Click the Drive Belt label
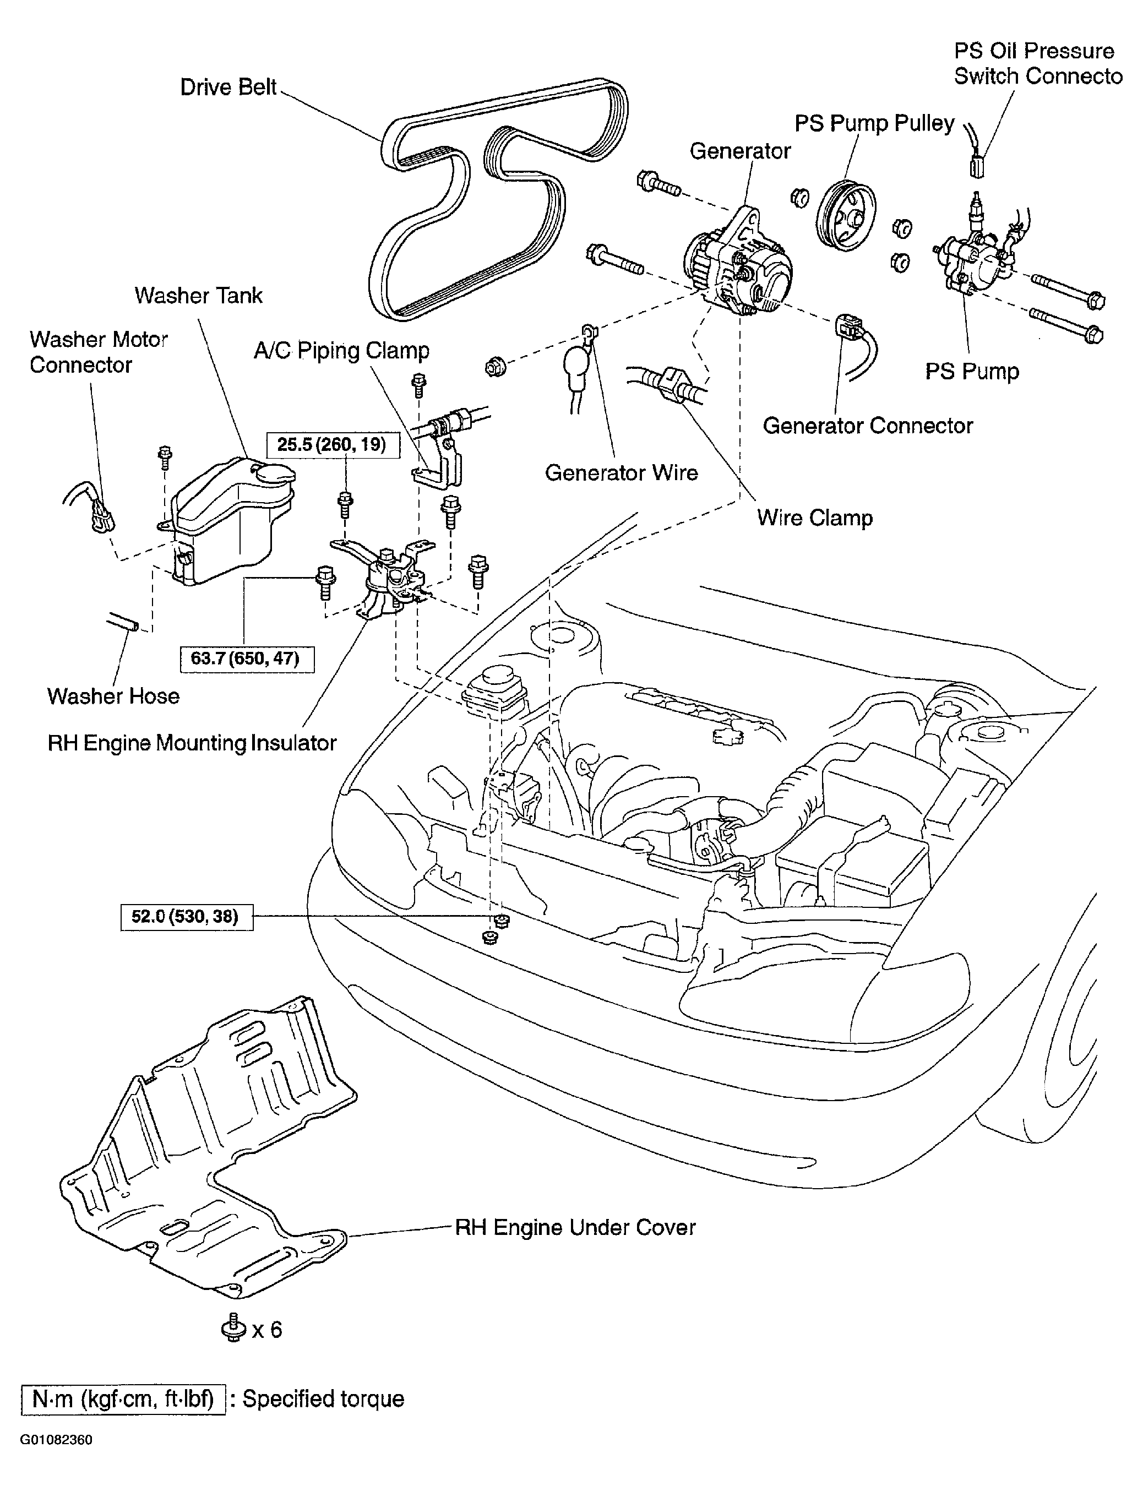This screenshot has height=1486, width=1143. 228,87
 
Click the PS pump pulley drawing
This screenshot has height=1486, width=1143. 845,216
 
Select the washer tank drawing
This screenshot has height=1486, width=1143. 228,517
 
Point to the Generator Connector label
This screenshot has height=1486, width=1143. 868,426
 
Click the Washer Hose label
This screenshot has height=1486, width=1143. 113,696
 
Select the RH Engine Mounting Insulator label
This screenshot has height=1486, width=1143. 192,743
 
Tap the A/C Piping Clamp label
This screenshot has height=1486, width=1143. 341,351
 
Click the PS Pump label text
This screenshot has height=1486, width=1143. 972,372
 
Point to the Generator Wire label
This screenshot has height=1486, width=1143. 621,473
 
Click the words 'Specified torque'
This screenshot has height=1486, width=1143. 323,1399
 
